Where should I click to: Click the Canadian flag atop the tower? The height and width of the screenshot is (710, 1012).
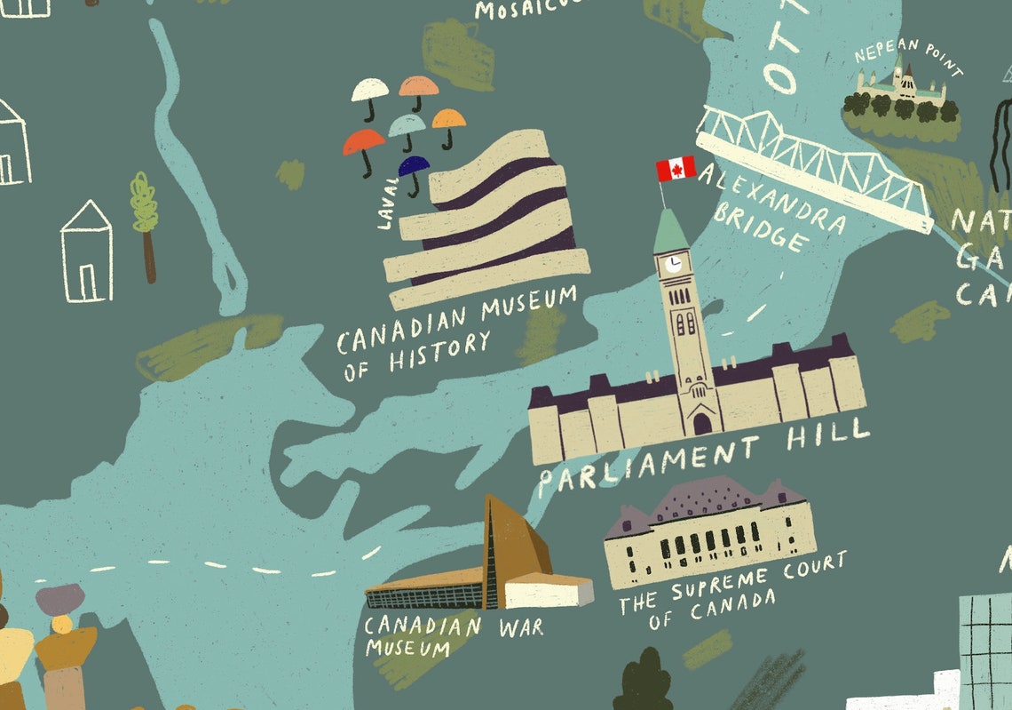coord(676,168)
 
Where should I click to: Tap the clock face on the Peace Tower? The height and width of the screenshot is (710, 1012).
coord(674,264)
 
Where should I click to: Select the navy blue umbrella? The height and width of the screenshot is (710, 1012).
coord(414,166)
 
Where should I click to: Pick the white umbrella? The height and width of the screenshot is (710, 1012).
coord(370,89)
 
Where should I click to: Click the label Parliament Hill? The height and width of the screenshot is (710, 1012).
coord(703,456)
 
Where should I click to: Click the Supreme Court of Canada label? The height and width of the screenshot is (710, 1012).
coord(732,591)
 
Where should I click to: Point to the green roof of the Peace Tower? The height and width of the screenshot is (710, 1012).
coord(670,232)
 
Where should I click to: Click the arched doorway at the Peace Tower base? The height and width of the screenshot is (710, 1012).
coord(701,423)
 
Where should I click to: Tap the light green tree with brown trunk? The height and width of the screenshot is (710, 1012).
coord(144,205)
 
